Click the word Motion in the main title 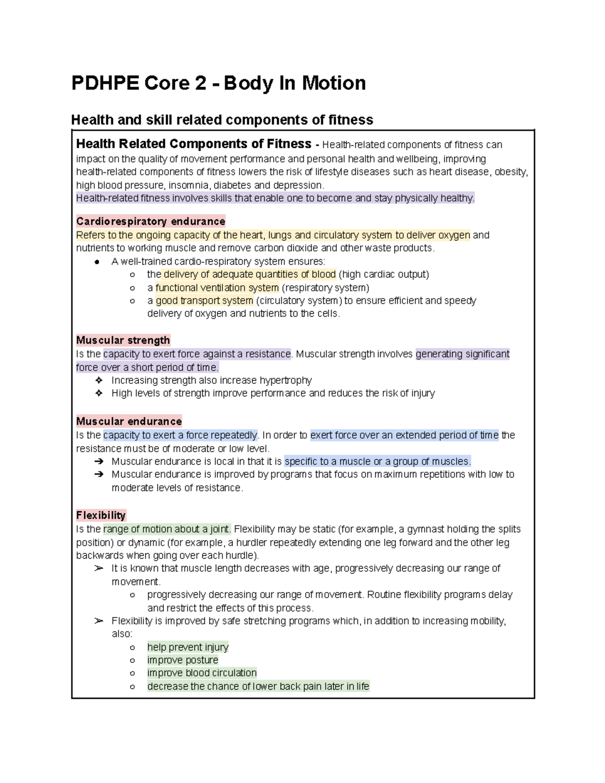[x=333, y=83]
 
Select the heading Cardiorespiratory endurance [x=150, y=221]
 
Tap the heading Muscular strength [x=123, y=340]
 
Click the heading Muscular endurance [x=129, y=421]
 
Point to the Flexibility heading [x=101, y=515]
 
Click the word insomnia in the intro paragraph [x=189, y=185]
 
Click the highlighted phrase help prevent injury [x=188, y=647]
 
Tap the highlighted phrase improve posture [x=183, y=660]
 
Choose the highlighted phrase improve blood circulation [x=202, y=673]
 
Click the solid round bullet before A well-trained [x=97, y=262]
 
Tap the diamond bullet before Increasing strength [x=99, y=380]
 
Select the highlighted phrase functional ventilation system [x=217, y=288]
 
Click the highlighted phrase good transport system [x=204, y=301]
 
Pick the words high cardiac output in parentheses [x=384, y=275]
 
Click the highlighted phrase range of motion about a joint [x=167, y=529]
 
